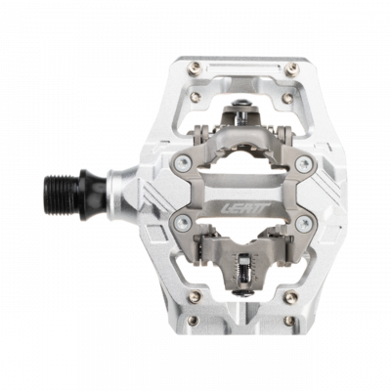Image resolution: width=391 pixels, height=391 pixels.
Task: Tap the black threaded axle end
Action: click(65, 184)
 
